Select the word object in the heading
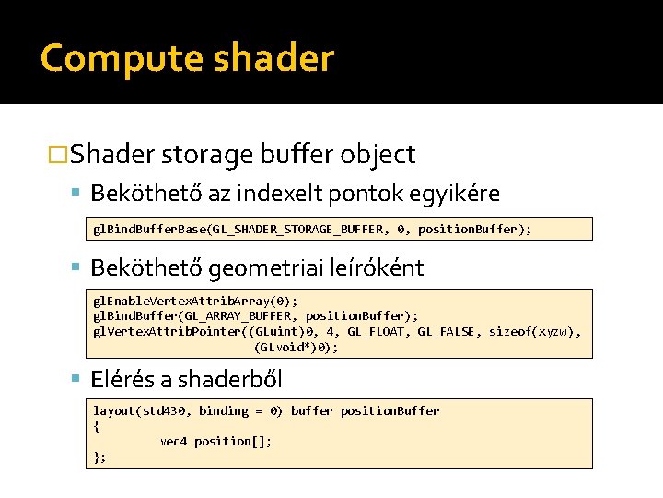[x=377, y=154]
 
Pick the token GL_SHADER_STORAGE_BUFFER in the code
[x=291, y=229]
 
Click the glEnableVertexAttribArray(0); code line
[x=195, y=301]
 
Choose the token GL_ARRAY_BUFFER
[x=250, y=316]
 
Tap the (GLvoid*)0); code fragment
[x=297, y=348]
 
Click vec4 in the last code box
[x=173, y=442]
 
